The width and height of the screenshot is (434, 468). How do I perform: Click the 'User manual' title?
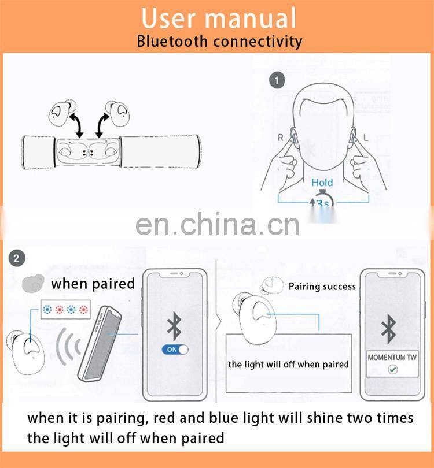(219, 17)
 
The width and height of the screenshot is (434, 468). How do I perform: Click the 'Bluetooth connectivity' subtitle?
(219, 42)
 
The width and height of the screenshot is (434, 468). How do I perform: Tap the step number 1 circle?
(278, 80)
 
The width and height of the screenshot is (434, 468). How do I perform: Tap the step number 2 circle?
(16, 258)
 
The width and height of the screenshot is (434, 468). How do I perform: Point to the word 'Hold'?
(322, 183)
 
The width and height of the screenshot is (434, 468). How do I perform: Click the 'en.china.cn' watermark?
(218, 225)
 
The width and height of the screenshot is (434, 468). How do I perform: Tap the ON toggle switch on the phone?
(177, 350)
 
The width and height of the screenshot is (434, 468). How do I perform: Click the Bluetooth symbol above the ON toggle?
(173, 326)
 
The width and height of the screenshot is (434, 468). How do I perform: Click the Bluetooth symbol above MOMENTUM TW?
(388, 329)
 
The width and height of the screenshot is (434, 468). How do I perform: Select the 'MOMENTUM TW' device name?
(392, 357)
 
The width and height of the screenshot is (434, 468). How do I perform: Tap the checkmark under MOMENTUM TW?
(392, 369)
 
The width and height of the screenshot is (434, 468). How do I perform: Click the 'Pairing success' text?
(322, 287)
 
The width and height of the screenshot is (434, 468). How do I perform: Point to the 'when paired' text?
(93, 284)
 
